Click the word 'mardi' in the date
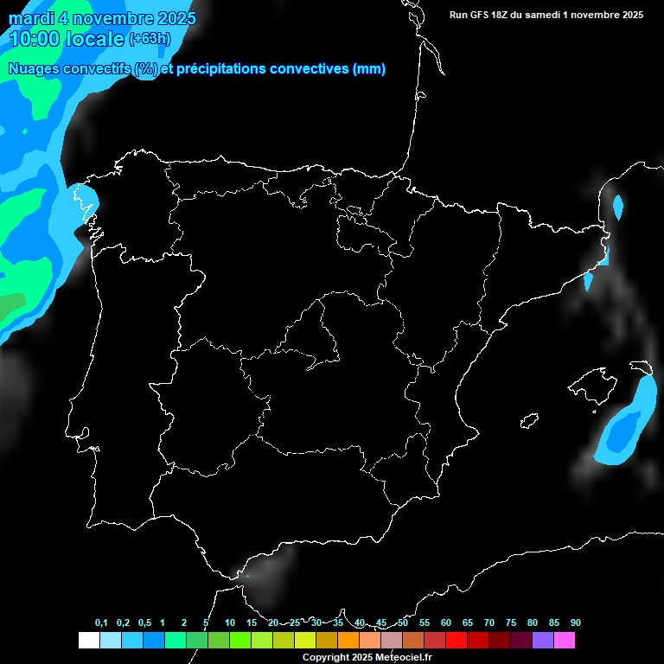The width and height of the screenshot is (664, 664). pos(32,18)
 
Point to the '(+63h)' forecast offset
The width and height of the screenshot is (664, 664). pos(149,38)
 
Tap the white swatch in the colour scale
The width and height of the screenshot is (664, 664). pos(88,641)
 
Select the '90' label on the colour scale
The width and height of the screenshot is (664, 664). pos(575,622)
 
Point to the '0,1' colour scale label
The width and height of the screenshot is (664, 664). pos(101,622)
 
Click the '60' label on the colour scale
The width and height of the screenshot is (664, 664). pos(445,622)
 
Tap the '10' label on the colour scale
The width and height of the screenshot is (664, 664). pos(229,622)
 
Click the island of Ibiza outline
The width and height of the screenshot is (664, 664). pos(529,420)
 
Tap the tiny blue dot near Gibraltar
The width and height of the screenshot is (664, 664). pos(247,576)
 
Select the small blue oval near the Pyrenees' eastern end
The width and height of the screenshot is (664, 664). pos(617,207)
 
